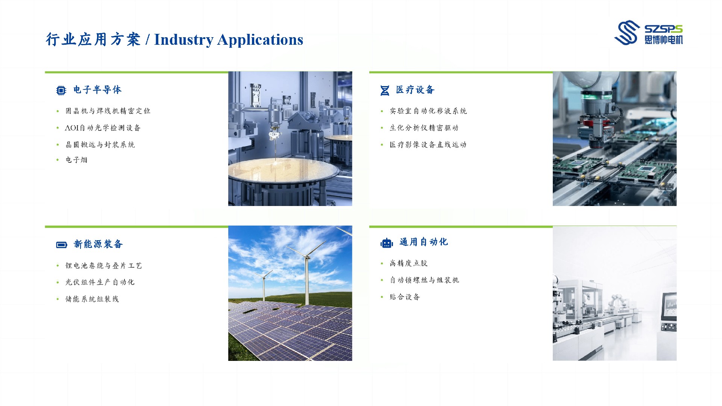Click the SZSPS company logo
point(648,32)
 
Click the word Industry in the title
point(184,40)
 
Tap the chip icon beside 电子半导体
point(61,91)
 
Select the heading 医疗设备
point(415,90)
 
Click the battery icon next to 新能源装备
point(61,245)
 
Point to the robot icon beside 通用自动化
point(387,243)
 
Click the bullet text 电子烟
point(76,160)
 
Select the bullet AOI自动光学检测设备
point(103,128)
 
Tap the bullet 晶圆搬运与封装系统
point(100,145)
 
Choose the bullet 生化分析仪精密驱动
point(424,128)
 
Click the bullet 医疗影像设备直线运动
point(428,145)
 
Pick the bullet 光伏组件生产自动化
point(100,282)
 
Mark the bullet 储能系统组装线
point(92,299)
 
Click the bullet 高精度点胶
point(409,263)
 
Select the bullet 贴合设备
point(405,297)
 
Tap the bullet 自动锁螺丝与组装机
point(424,280)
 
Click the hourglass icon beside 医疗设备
point(385,91)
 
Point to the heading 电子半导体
point(97,90)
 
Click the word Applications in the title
point(260,40)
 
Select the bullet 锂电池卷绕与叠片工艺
point(104,265)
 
